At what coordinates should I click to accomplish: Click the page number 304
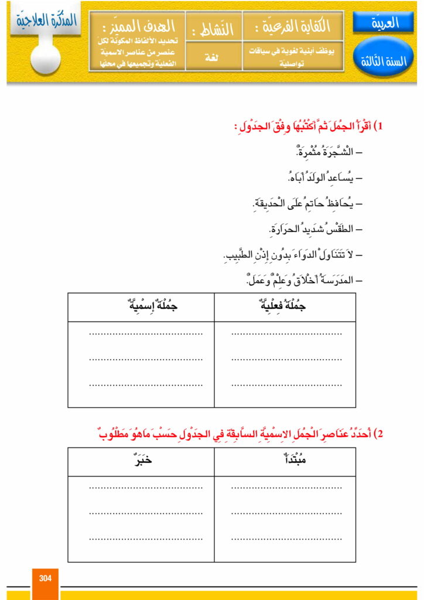[45, 578]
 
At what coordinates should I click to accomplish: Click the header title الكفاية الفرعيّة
[293, 26]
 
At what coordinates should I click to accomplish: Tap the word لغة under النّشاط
[212, 58]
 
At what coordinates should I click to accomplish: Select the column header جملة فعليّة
[285, 306]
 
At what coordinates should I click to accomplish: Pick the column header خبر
[141, 461]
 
